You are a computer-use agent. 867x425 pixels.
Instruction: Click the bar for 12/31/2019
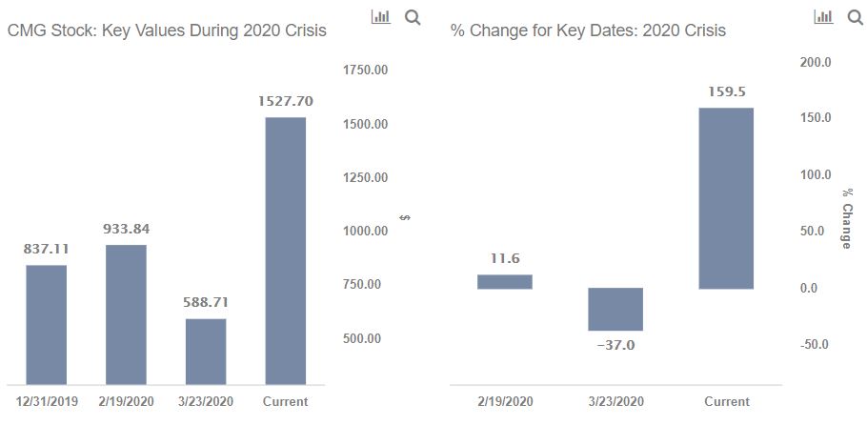(47, 325)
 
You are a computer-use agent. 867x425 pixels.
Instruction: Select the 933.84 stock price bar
(126, 314)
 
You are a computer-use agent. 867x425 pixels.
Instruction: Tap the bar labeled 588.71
(206, 352)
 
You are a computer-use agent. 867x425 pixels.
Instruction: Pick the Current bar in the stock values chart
(285, 252)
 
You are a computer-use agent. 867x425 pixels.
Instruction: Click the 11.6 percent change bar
(505, 282)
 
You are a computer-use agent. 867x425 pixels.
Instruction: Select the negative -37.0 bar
(615, 310)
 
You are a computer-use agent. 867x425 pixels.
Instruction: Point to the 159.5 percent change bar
(726, 198)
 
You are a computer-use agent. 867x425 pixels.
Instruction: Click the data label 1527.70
(285, 101)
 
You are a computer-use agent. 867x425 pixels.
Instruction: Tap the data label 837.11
(47, 249)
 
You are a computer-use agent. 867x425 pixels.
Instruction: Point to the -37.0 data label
(615, 346)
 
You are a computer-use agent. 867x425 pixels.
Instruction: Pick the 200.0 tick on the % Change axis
(816, 63)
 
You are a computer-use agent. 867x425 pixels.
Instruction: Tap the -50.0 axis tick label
(814, 345)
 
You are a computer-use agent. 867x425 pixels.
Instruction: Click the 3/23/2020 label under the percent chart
(615, 402)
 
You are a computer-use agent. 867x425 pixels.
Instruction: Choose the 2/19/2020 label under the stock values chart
(126, 401)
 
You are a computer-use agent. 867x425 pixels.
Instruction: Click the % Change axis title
(847, 218)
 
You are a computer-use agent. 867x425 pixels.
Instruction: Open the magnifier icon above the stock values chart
(413, 18)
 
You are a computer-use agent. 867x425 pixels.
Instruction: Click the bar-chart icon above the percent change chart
(823, 17)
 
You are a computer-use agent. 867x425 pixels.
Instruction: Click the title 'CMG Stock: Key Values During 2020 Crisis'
(167, 30)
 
